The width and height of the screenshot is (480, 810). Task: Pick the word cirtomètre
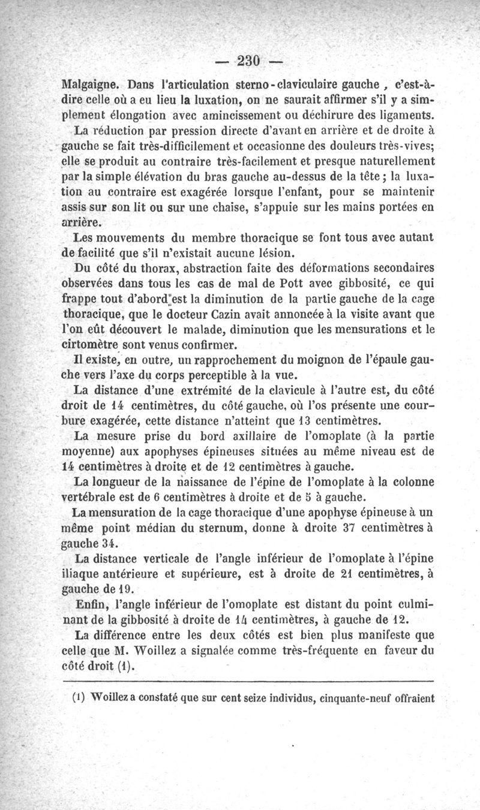pyautogui.click(x=95, y=344)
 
